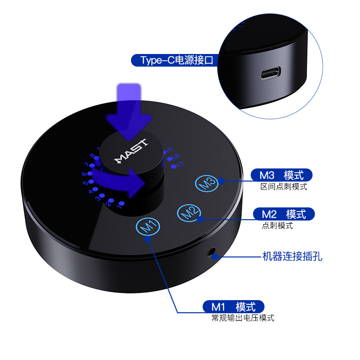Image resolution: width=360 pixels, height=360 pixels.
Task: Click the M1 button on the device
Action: tap(148, 226)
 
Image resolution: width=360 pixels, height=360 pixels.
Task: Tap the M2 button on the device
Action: tap(189, 213)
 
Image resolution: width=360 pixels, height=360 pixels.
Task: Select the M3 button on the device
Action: tap(207, 183)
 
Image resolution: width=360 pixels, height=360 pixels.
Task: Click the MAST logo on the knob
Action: tap(131, 151)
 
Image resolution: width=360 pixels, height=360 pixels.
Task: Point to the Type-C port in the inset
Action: tap(271, 73)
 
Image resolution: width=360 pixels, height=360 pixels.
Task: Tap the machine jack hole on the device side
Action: tap(211, 252)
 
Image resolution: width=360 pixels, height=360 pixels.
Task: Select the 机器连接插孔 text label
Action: tap(292, 256)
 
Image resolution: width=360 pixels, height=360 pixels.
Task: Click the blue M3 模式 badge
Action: tap(282, 175)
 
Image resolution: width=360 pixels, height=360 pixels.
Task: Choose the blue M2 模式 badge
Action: tap(284, 214)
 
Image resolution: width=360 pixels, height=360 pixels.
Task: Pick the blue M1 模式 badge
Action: tap(234, 306)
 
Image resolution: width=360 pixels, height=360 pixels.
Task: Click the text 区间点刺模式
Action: tap(284, 187)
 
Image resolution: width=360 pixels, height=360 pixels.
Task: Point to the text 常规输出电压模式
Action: tap(243, 318)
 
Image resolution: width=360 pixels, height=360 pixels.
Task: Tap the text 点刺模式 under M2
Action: tap(277, 225)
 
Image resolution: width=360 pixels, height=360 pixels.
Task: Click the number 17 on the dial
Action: tap(180, 164)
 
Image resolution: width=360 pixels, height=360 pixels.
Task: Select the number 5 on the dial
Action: tap(85, 183)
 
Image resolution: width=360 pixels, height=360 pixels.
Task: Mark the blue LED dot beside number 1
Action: tap(121, 203)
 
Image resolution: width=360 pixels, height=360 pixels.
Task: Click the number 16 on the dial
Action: tap(176, 156)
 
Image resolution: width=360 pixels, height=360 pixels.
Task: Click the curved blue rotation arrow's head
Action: tap(137, 184)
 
